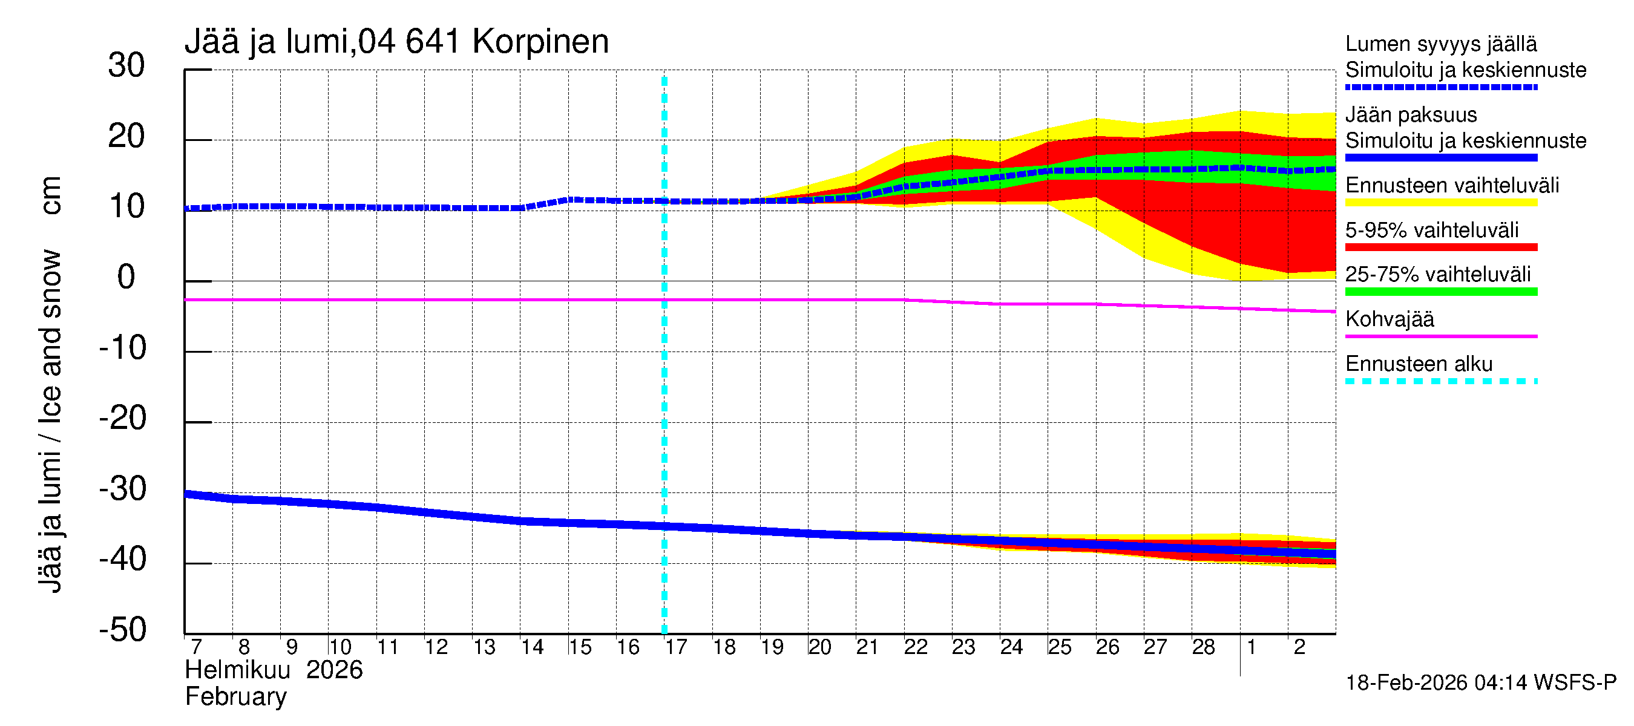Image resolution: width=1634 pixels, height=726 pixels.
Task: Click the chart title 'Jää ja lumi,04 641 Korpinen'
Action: (x=396, y=42)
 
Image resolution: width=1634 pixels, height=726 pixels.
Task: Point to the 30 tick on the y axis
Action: (x=126, y=66)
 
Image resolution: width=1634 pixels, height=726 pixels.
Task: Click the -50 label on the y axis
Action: (x=122, y=630)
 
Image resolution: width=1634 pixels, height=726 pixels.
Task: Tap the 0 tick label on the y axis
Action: (x=126, y=278)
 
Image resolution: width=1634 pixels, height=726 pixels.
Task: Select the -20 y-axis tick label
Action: (x=122, y=419)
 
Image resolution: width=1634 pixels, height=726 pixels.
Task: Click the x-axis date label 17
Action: (x=675, y=647)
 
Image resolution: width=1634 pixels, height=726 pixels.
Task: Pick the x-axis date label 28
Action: (x=1203, y=647)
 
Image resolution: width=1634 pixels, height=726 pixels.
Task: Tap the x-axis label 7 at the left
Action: (x=196, y=647)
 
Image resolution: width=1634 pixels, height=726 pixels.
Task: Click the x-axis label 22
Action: (x=915, y=647)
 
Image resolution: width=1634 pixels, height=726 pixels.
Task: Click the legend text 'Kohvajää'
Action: (x=1389, y=319)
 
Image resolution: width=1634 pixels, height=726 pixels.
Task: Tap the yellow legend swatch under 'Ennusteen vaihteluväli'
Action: (x=1440, y=203)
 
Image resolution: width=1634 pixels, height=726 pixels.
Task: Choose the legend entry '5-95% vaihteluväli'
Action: (x=1432, y=230)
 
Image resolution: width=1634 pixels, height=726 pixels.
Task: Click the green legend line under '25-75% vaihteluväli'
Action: (x=1440, y=292)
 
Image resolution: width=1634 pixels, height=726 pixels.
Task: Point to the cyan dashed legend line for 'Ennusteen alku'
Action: (x=1440, y=381)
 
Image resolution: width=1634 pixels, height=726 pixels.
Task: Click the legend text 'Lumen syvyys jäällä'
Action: (x=1440, y=44)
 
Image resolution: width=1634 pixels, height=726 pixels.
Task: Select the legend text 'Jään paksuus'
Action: (x=1411, y=116)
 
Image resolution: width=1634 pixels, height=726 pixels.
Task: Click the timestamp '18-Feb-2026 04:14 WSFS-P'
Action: (x=1480, y=683)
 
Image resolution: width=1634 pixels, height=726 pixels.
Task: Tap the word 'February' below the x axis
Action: (x=235, y=697)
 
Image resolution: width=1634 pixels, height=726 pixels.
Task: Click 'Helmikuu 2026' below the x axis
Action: (x=274, y=670)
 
